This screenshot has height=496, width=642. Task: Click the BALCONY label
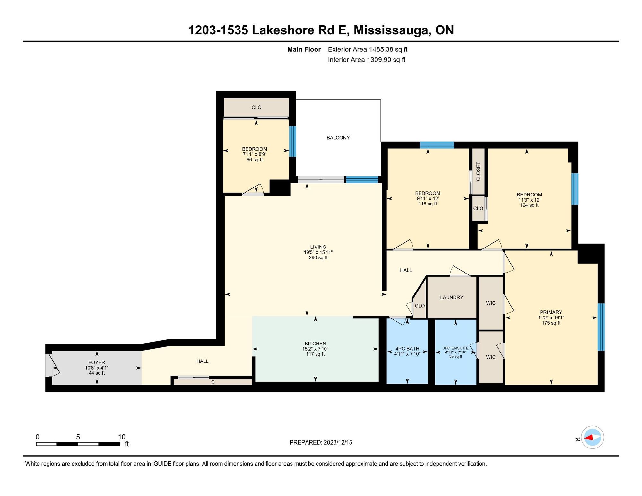pyautogui.click(x=338, y=138)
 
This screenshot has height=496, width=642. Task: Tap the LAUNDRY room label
pyautogui.click(x=452, y=297)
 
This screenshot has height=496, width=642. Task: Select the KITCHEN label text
pyautogui.click(x=315, y=344)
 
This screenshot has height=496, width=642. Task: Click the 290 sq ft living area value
pyautogui.click(x=318, y=257)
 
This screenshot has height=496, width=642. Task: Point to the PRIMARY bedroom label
pyautogui.click(x=551, y=312)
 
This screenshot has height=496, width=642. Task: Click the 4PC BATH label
pyautogui.click(x=407, y=349)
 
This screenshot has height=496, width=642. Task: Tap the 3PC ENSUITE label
pyautogui.click(x=455, y=348)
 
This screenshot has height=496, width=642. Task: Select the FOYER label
pyautogui.click(x=97, y=362)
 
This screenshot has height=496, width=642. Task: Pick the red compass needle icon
pyautogui.click(x=588, y=437)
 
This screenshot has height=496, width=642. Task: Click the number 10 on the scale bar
pyautogui.click(x=122, y=437)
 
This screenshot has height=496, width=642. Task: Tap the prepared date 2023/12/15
pyautogui.click(x=338, y=442)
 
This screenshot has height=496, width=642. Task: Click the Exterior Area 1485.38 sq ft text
pyautogui.click(x=368, y=49)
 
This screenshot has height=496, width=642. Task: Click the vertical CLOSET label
pyautogui.click(x=478, y=171)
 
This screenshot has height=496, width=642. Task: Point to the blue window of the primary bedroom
pyautogui.click(x=601, y=327)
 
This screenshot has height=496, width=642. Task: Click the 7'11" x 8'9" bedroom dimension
pyautogui.click(x=255, y=154)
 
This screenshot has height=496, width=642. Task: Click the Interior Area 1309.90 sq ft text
pyautogui.click(x=367, y=60)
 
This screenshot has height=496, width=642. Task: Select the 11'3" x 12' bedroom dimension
pyautogui.click(x=529, y=200)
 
